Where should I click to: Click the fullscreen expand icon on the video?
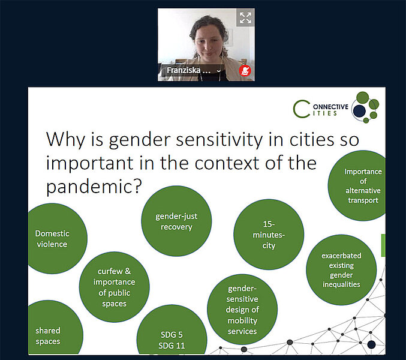[x=245, y=18]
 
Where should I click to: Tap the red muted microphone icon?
[x=245, y=71]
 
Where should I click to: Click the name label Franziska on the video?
[x=184, y=70]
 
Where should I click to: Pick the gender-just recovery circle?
[x=176, y=221]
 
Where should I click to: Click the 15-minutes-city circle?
[x=269, y=235]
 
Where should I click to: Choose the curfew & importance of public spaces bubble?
[x=114, y=287]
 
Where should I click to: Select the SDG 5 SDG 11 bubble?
[x=172, y=329]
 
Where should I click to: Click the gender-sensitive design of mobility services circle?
[x=242, y=309]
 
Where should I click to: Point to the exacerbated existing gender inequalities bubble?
[x=341, y=270]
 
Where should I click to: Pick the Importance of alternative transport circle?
[x=357, y=185]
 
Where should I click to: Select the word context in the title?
[x=228, y=163]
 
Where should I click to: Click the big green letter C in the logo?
[x=301, y=109]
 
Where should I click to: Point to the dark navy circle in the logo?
[x=359, y=111]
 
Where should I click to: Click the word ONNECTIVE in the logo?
[x=330, y=107]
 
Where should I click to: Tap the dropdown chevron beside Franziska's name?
[x=218, y=71]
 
